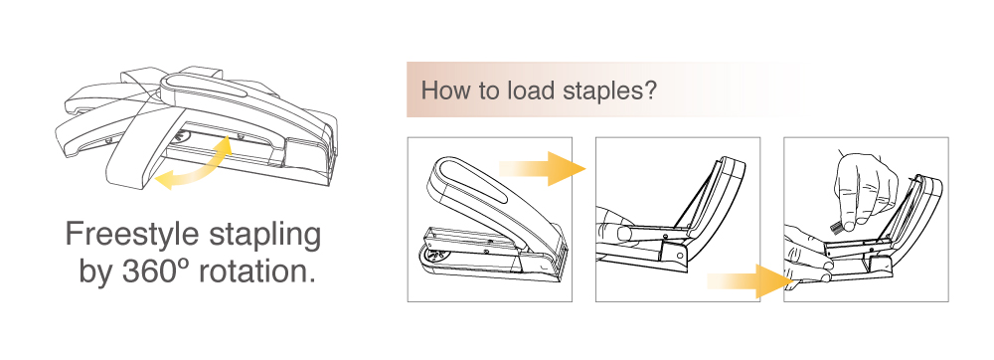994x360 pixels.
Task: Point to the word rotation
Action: coord(256,271)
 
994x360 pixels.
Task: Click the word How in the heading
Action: coord(446,90)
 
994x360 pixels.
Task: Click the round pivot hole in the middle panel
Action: coord(680,256)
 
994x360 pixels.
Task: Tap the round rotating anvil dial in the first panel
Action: coord(433,256)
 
